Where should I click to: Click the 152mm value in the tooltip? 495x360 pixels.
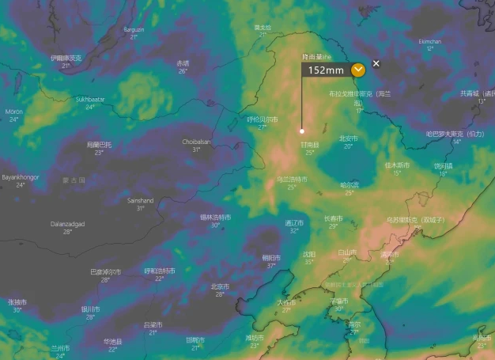[326, 70]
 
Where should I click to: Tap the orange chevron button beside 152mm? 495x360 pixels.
[358, 70]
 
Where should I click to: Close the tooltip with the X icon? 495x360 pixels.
[376, 63]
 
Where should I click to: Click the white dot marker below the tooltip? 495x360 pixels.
[301, 131]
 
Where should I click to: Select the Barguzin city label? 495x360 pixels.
[134, 30]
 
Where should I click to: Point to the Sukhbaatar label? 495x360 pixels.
[90, 100]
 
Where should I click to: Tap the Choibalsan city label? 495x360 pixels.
[195, 142]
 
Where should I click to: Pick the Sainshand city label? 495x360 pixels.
[141, 201]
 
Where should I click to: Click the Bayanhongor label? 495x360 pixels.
[20, 177]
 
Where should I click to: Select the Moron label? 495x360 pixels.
[14, 112]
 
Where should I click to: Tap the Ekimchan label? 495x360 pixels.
[429, 41]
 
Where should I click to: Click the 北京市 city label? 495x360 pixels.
[220, 286]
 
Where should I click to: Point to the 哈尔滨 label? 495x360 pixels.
[349, 184]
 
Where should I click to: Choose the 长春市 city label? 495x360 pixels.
[333, 218]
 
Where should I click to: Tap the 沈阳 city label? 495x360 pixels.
[309, 254]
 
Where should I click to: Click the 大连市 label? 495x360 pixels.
[285, 302]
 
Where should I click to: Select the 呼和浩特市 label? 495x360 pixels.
[160, 271]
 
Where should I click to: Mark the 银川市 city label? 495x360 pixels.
[90, 309]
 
